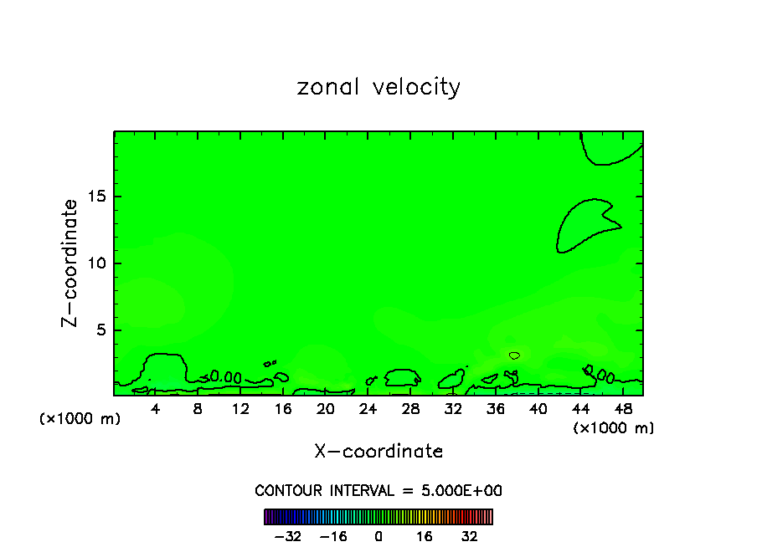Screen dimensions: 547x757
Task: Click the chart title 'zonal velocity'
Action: coord(378,87)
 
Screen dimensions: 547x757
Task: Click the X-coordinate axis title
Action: coord(378,451)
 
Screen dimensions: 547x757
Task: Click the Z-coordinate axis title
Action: coord(70,263)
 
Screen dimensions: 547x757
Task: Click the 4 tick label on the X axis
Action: coord(156,409)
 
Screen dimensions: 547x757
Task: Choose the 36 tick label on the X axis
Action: coord(495,409)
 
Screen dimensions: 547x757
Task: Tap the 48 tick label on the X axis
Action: coord(622,409)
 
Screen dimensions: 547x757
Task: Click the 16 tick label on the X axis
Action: coord(282,409)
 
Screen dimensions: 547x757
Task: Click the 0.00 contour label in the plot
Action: coord(225,377)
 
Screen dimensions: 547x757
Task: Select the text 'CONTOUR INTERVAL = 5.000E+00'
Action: coord(378,490)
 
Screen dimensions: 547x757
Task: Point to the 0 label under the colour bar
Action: coord(378,536)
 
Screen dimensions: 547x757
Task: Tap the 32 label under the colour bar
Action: coord(469,536)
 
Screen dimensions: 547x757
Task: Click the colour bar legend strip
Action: coord(378,516)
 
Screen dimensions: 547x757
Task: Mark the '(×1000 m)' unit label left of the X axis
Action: coord(80,418)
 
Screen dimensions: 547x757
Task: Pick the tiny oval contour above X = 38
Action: coord(514,355)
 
